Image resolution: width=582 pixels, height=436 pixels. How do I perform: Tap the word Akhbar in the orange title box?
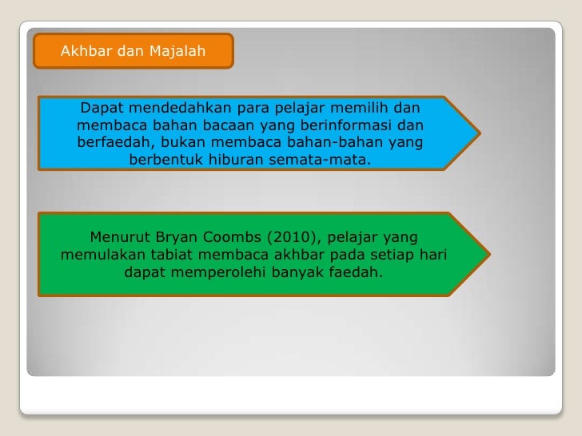[x=86, y=52]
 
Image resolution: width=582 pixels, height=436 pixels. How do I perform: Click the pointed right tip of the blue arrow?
[x=480, y=133]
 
